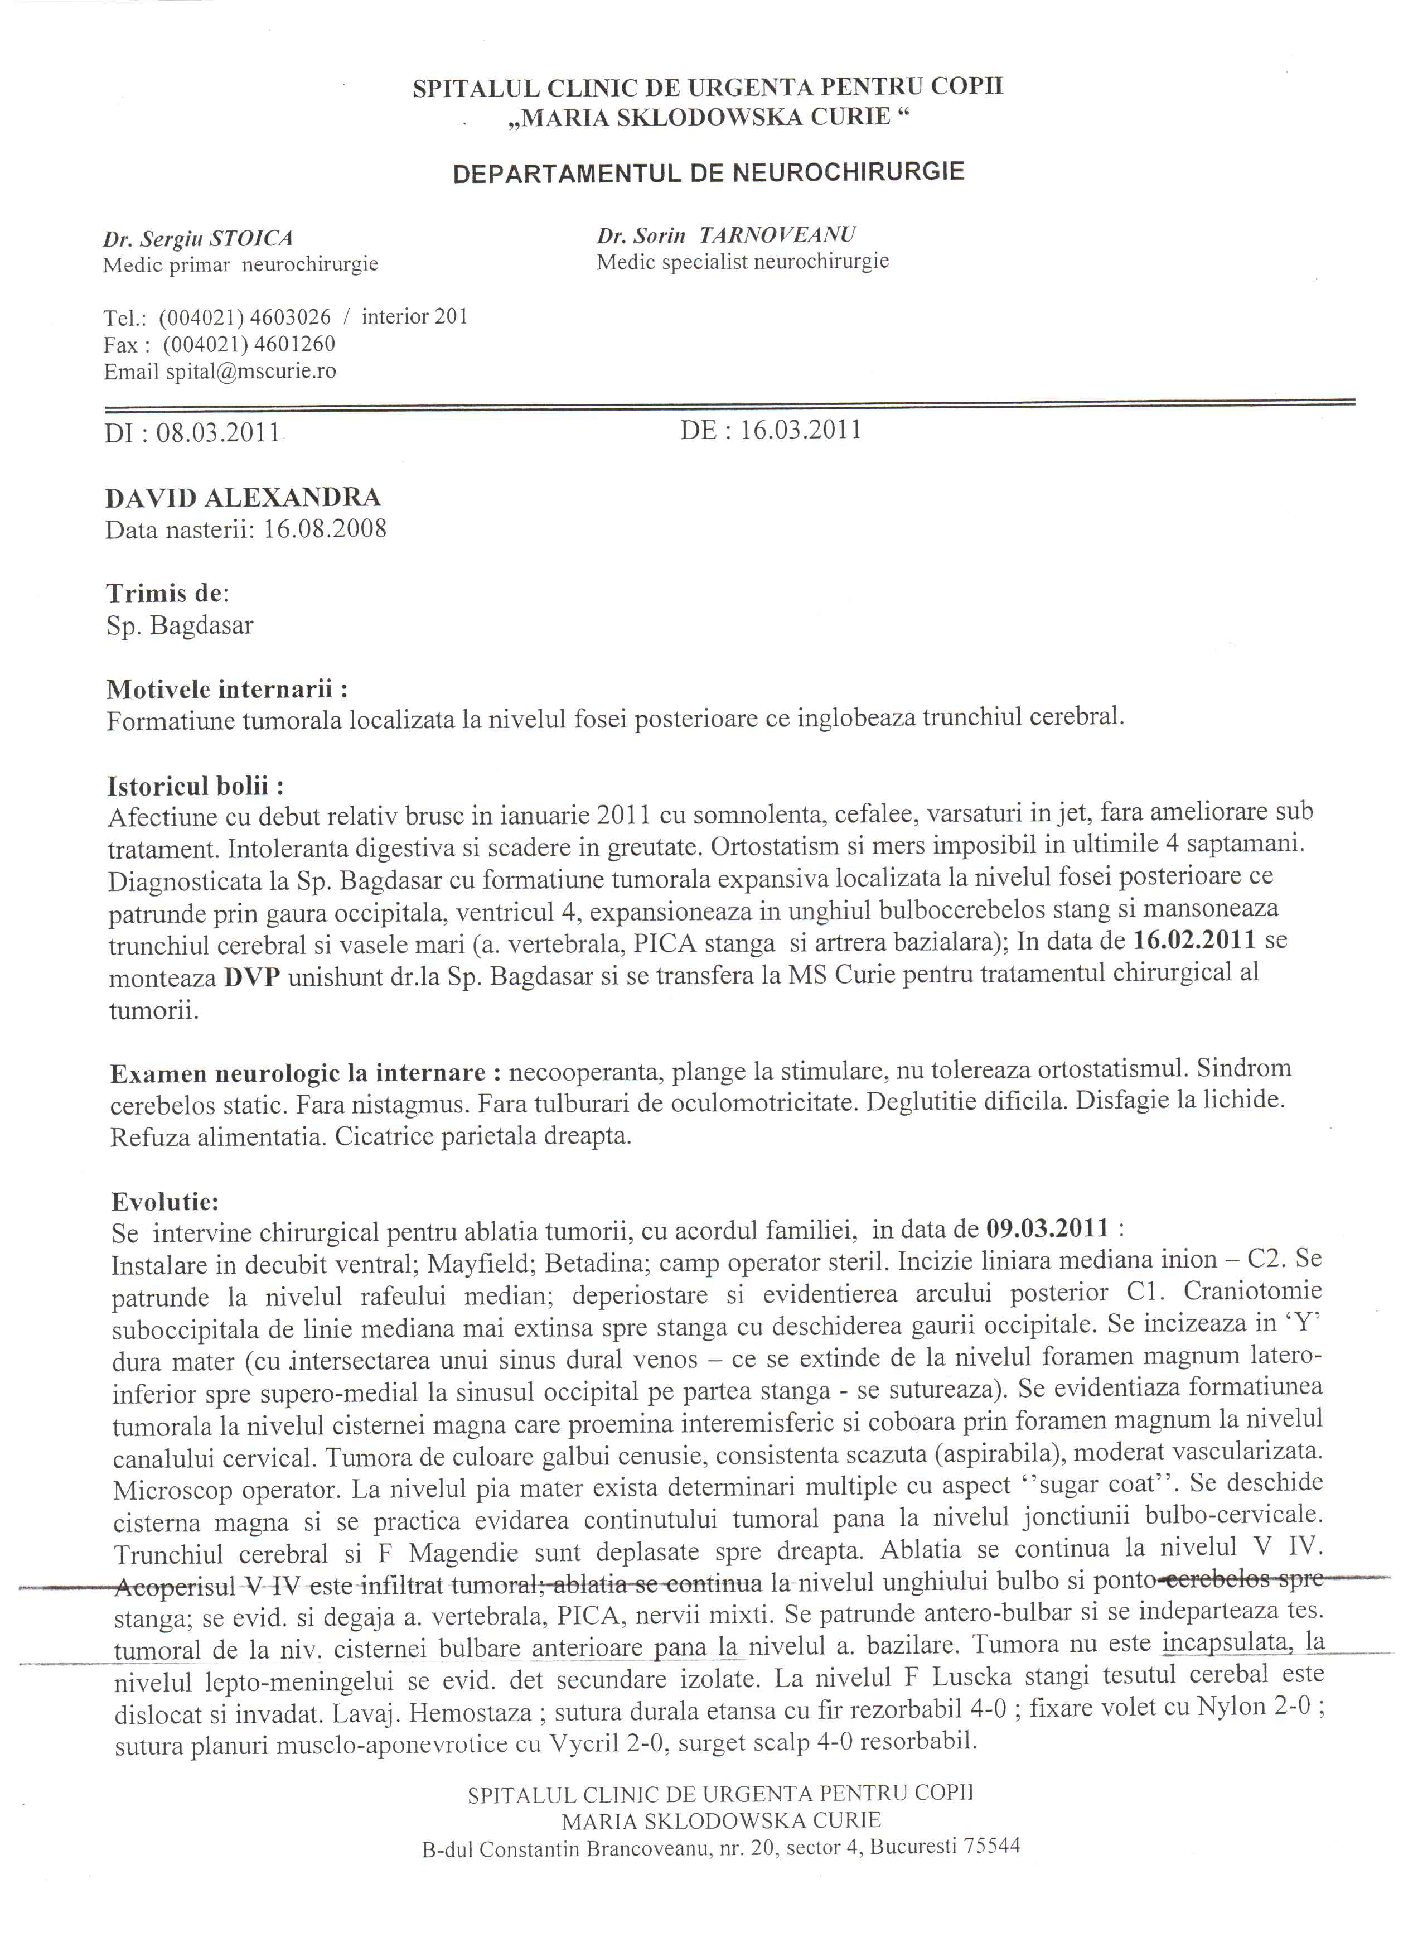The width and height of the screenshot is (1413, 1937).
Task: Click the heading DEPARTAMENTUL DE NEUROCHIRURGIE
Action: point(708,173)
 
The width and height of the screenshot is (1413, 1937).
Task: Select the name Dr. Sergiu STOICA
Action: point(197,239)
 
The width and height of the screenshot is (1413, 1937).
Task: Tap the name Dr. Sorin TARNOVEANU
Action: point(726,235)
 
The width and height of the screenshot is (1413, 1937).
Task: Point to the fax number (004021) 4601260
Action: point(249,344)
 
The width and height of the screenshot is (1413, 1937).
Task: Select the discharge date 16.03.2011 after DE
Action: point(800,430)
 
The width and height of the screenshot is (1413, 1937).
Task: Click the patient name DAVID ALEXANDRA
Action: point(243,498)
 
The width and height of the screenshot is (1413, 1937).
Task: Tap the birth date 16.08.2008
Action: point(325,529)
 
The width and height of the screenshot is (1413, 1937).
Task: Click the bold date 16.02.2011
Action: point(1194,941)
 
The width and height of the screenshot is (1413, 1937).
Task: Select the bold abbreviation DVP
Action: point(252,978)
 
